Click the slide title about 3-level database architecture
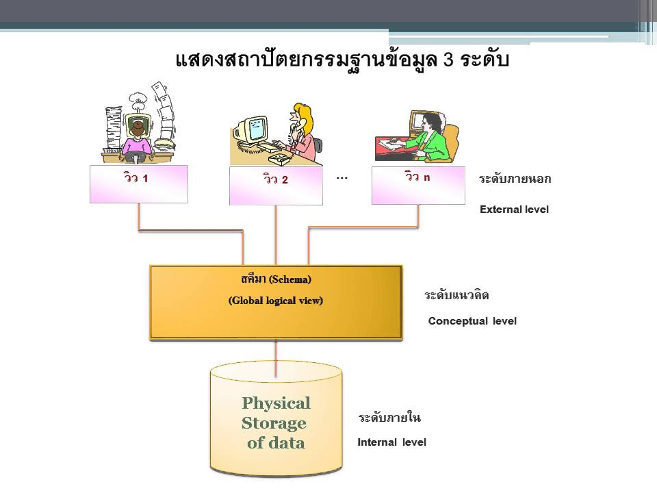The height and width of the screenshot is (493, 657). click(342, 60)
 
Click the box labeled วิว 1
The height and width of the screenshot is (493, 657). click(138, 184)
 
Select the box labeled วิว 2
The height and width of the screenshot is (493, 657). click(275, 185)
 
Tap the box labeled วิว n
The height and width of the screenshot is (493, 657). click(417, 184)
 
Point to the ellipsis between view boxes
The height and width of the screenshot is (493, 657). click(342, 178)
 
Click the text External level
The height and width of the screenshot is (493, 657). click(514, 210)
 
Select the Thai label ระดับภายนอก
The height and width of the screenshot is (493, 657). click(515, 179)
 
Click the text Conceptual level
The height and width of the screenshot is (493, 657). click(472, 321)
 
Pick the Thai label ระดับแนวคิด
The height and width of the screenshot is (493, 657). click(456, 296)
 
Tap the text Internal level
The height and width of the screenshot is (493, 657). click(391, 442)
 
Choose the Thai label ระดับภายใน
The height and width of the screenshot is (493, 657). click(389, 418)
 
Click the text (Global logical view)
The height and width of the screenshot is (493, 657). click(276, 300)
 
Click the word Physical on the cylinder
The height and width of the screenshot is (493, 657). click(276, 403)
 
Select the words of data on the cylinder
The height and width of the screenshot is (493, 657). click(276, 443)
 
